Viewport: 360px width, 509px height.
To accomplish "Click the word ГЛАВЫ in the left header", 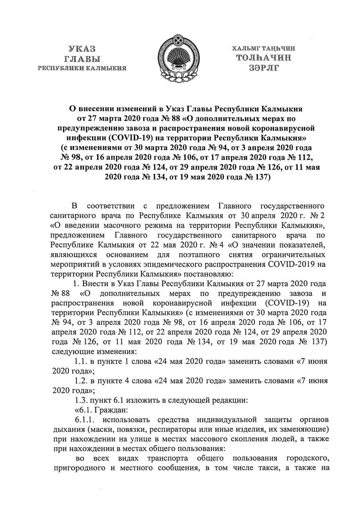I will pos(82,59).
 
